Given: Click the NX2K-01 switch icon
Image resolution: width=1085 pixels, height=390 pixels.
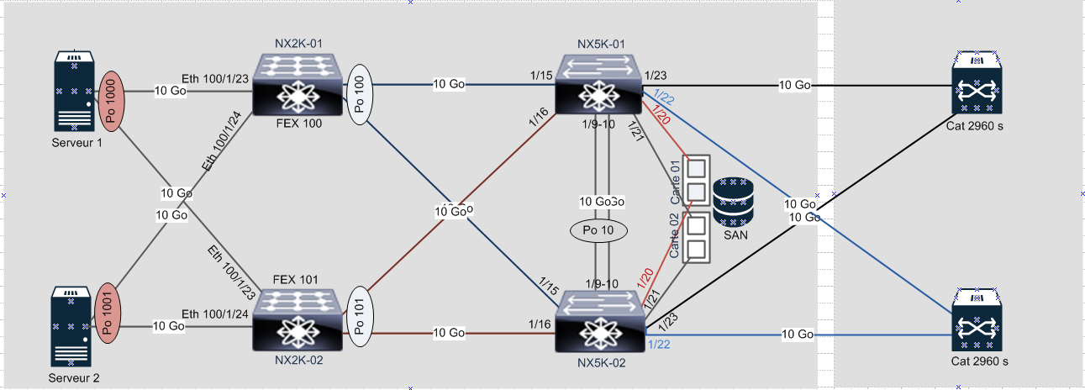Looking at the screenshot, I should tap(298, 87).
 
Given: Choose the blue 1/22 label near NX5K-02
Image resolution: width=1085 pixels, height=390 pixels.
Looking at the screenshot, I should tap(660, 344).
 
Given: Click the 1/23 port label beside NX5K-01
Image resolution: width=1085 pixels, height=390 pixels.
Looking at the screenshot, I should tap(656, 75).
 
